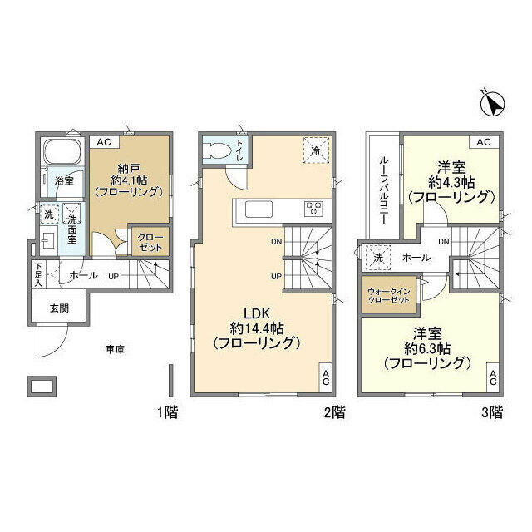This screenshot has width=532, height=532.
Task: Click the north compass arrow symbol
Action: (493, 103)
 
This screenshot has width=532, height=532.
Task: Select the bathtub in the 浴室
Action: (62, 151)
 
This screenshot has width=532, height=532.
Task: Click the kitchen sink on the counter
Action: (259, 209)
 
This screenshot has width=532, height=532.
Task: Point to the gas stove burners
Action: (313, 209)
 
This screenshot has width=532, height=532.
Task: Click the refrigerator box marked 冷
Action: (316, 150)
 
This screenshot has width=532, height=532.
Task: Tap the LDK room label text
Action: (257, 313)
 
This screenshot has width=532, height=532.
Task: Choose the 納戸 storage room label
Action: (129, 168)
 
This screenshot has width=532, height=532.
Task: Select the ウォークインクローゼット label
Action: (389, 296)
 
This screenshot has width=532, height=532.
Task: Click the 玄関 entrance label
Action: (59, 308)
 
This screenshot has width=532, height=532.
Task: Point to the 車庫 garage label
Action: (115, 349)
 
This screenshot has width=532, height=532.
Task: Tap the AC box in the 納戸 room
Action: (104, 142)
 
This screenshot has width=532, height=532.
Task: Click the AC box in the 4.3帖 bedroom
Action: (484, 142)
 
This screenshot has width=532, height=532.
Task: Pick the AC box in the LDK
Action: (326, 378)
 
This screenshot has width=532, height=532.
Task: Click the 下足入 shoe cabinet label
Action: (38, 274)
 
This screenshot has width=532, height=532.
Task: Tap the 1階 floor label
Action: (167, 412)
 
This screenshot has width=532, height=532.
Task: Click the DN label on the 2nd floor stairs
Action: (277, 242)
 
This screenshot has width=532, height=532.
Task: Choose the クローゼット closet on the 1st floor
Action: (150, 242)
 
